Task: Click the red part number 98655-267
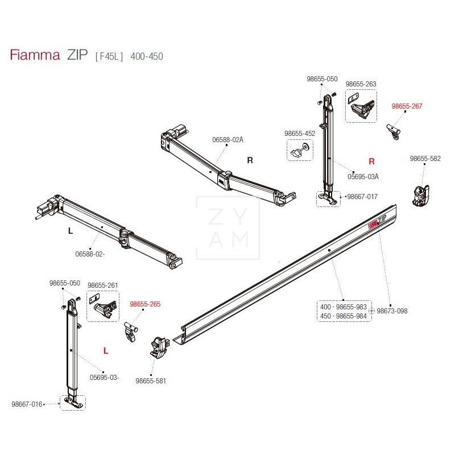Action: click(x=407, y=106)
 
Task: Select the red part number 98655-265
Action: click(x=145, y=304)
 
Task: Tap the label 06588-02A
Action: click(x=227, y=140)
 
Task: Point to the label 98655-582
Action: click(x=425, y=159)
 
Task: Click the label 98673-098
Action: click(x=391, y=311)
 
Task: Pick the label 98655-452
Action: click(x=299, y=134)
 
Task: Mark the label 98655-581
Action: click(x=151, y=380)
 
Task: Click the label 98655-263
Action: click(x=361, y=84)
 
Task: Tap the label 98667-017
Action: click(x=362, y=197)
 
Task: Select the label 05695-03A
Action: click(x=363, y=176)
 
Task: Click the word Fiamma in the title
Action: click(x=35, y=55)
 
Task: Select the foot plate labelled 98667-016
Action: click(x=73, y=402)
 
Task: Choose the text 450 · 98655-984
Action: click(x=344, y=316)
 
